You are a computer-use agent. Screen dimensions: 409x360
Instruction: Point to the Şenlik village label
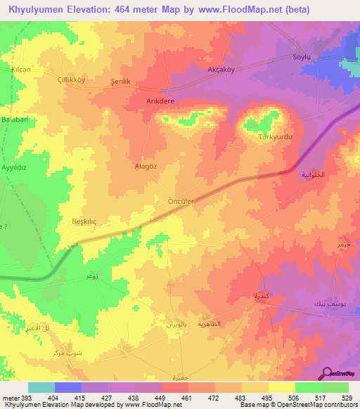122,82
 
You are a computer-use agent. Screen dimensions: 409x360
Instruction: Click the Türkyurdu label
276,137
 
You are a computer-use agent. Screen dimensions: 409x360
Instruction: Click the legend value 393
28,397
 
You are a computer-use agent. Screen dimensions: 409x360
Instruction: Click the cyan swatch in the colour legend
41,387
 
